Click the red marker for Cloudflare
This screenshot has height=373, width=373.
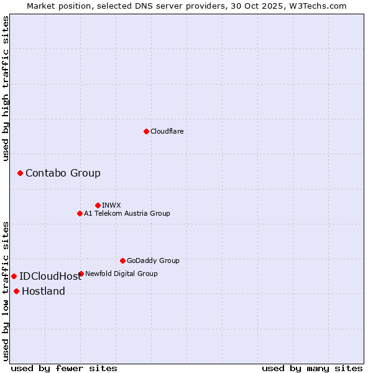[146, 131]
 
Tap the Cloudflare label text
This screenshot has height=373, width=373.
[167, 131]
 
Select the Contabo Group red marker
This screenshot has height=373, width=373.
[20, 173]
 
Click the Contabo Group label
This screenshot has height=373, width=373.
[63, 173]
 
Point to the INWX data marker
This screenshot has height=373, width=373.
[98, 205]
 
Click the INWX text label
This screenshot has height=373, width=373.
[111, 205]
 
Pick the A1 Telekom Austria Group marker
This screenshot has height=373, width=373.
[80, 213]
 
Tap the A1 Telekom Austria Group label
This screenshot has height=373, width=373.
[127, 213]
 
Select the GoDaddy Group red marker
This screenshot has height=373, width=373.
[122, 260]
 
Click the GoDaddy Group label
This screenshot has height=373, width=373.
[153, 260]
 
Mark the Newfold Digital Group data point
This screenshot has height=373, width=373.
[81, 274]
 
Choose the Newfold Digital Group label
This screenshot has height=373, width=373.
[121, 274]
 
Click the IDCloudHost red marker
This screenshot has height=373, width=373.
[14, 276]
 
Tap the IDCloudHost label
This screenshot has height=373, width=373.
[50, 277]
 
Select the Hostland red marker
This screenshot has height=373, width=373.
[16, 291]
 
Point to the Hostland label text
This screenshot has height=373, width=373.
[44, 292]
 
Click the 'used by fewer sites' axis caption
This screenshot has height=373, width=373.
[64, 368]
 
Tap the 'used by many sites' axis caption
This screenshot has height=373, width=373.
[312, 368]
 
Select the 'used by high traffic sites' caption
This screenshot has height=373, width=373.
[6, 88]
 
